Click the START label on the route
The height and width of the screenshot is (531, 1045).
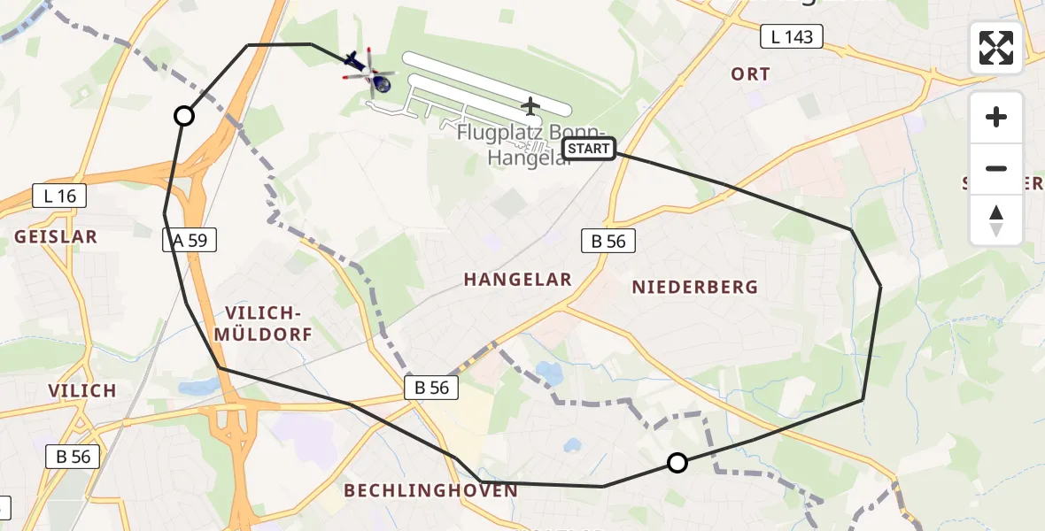pyautogui.click(x=588, y=149)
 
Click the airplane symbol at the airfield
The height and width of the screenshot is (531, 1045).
pyautogui.click(x=530, y=107)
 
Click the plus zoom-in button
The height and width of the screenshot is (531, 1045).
pyautogui.click(x=996, y=117)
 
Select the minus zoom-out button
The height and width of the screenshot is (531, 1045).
pyautogui.click(x=996, y=168)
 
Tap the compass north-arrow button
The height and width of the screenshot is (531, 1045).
pyautogui.click(x=996, y=220)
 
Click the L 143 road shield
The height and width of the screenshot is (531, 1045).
pyautogui.click(x=792, y=36)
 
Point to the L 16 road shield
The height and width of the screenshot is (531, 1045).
pyautogui.click(x=59, y=196)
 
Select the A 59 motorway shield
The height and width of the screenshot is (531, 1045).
pyautogui.click(x=190, y=240)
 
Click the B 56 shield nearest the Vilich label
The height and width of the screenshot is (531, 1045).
pyautogui.click(x=73, y=457)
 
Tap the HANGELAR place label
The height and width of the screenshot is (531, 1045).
pyautogui.click(x=518, y=280)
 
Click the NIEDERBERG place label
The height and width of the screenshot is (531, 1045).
pyautogui.click(x=695, y=287)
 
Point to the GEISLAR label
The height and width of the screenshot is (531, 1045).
pyautogui.click(x=56, y=237)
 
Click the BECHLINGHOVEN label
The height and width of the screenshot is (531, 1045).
pyautogui.click(x=430, y=490)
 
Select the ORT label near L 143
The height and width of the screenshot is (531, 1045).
pyautogui.click(x=750, y=74)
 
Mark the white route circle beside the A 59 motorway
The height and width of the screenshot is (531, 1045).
pyautogui.click(x=183, y=116)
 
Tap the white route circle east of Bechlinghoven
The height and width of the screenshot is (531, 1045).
pyautogui.click(x=677, y=462)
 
